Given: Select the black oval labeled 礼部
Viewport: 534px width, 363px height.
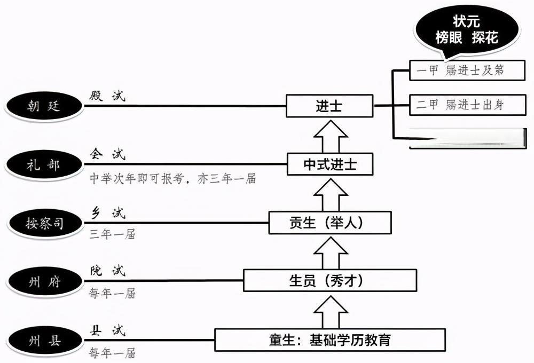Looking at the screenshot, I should click(x=44, y=164).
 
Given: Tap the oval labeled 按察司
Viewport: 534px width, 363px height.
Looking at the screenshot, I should click(x=44, y=223).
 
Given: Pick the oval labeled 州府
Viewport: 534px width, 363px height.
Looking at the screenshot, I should click(x=44, y=281).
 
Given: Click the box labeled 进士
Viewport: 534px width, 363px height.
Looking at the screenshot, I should click(x=329, y=106).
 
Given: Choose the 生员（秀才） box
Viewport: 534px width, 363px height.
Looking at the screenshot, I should click(x=329, y=280).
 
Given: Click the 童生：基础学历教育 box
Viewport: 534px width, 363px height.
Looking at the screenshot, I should click(x=329, y=340).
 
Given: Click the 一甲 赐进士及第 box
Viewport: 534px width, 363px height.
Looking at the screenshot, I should click(x=459, y=70).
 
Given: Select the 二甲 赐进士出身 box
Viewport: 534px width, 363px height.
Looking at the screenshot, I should click(x=459, y=105).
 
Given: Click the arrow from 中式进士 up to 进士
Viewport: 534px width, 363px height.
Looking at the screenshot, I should click(x=329, y=136).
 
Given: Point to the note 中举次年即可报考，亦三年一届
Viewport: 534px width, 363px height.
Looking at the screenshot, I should click(x=172, y=179).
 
